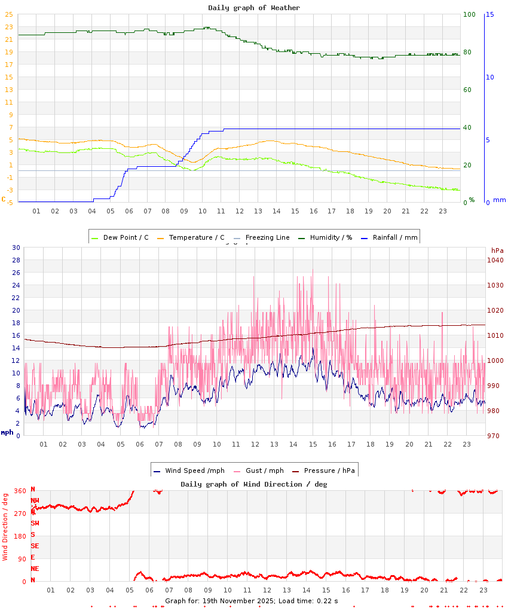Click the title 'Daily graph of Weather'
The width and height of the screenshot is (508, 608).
[254, 8]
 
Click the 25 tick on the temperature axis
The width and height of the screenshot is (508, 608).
[9, 14]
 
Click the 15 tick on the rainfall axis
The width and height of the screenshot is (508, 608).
[490, 14]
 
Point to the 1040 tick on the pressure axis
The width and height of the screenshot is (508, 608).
[496, 260]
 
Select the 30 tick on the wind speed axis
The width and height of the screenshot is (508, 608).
[16, 248]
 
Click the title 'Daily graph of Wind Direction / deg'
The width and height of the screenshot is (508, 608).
[254, 484]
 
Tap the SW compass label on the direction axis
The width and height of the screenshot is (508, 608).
[35, 523]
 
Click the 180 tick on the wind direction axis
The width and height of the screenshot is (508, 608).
[20, 536]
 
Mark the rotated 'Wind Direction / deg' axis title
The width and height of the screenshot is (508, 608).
[5, 526]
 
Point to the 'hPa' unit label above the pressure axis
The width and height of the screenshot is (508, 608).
[497, 250]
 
